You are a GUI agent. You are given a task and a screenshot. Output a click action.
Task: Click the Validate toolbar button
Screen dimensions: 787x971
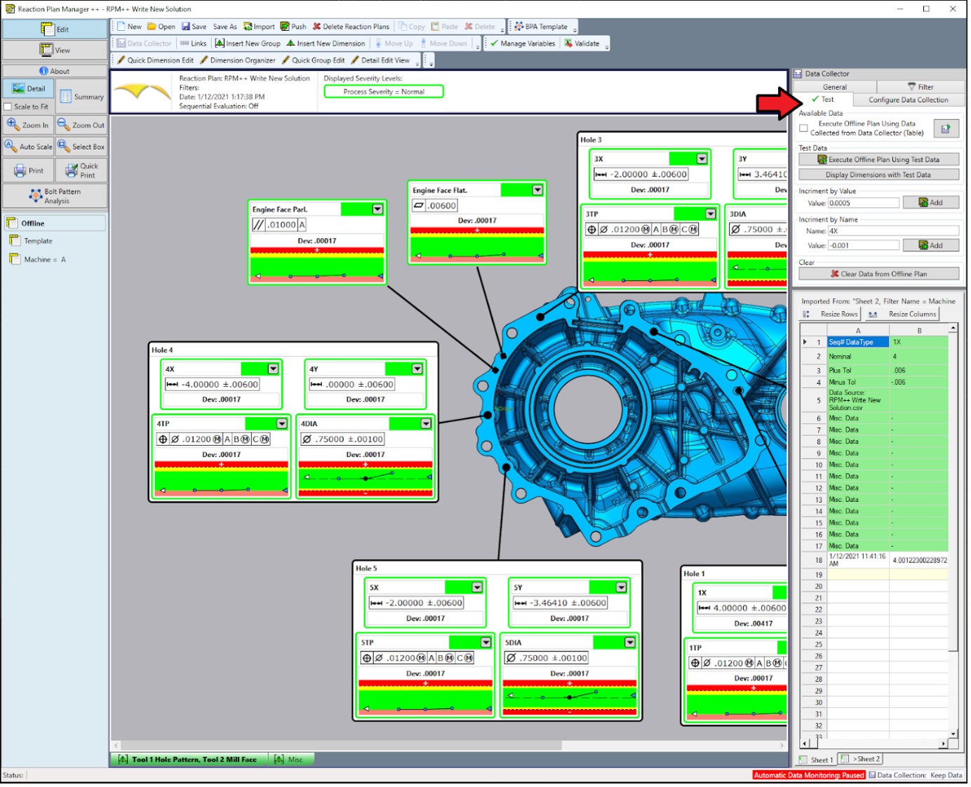point(582,44)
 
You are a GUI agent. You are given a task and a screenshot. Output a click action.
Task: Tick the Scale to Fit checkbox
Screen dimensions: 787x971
point(8,107)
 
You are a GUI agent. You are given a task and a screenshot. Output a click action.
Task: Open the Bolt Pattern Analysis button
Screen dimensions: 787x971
point(55,196)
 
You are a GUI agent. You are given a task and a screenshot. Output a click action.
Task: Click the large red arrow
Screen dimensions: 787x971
point(777,103)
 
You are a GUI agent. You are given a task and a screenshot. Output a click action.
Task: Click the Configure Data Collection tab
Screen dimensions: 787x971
point(908,100)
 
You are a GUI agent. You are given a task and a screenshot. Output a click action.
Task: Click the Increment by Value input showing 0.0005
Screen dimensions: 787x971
point(862,203)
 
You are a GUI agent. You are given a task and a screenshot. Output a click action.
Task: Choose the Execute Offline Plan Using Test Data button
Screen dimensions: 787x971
point(878,159)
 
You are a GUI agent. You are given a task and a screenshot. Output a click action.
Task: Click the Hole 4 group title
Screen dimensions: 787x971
point(162,350)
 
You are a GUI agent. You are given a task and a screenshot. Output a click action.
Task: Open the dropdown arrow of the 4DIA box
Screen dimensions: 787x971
point(426,423)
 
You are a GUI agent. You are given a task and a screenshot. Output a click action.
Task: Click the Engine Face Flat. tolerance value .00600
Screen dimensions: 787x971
point(442,206)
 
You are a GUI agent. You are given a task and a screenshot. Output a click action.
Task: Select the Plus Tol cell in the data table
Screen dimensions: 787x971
point(857,370)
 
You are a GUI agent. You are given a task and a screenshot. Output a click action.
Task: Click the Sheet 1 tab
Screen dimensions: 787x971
point(817,760)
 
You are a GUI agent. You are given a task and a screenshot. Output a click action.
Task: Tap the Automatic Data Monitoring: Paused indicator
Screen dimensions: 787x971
point(808,775)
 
